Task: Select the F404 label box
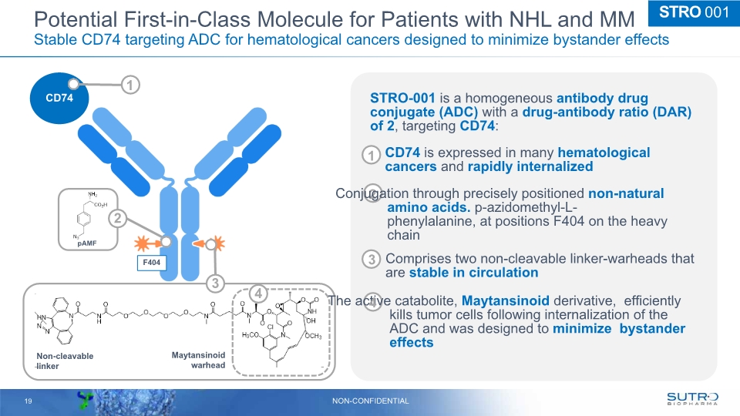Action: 152,263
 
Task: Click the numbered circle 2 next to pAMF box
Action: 117,219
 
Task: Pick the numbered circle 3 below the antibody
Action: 217,284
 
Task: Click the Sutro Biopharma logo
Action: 691,398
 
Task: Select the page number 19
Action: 29,401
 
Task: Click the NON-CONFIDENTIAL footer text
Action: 370,401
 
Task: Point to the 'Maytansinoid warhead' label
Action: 198,360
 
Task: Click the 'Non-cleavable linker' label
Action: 65,361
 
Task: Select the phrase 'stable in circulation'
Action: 473,273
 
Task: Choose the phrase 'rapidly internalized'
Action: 530,166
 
